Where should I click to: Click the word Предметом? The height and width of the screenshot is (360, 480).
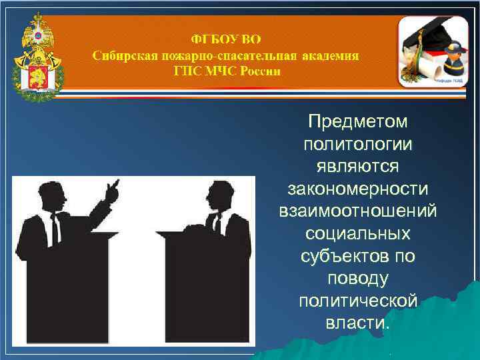pyautogui.click(x=357, y=122)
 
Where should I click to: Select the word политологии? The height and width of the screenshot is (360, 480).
pyautogui.click(x=357, y=144)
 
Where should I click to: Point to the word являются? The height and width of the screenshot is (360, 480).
pyautogui.click(x=357, y=166)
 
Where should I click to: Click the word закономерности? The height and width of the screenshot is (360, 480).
pyautogui.click(x=357, y=189)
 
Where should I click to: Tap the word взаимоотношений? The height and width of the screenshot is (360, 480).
pyautogui.click(x=357, y=211)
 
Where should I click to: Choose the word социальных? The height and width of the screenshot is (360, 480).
pyautogui.click(x=357, y=234)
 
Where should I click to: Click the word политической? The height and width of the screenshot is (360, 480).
pyautogui.click(x=357, y=301)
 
